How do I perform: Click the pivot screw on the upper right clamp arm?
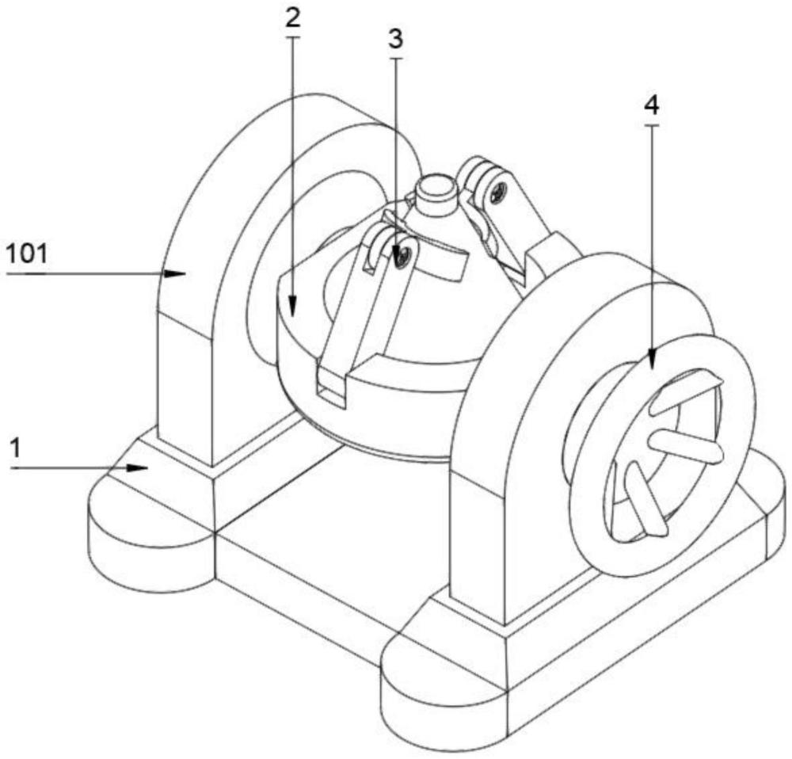497,190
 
